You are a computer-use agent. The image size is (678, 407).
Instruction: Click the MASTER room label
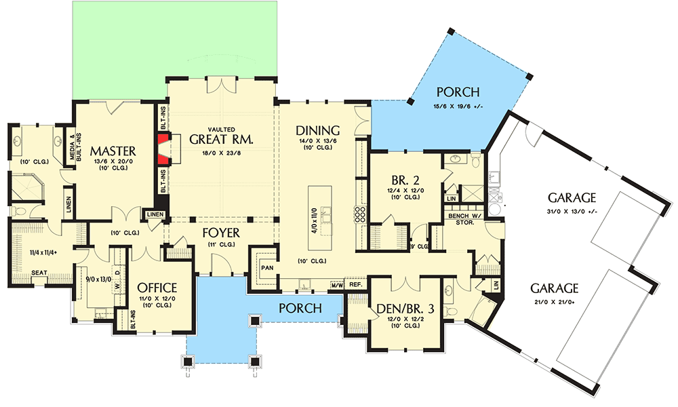[114, 150]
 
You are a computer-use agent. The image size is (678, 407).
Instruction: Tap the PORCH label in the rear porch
[458, 92]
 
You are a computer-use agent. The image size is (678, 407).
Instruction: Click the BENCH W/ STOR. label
[464, 218]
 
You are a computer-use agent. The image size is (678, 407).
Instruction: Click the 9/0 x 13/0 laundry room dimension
[97, 277]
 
